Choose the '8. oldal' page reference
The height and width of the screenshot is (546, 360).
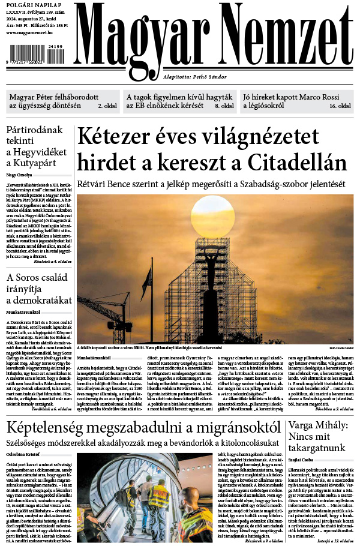click(224, 106)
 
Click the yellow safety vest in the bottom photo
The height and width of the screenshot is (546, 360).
click(157, 498)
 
